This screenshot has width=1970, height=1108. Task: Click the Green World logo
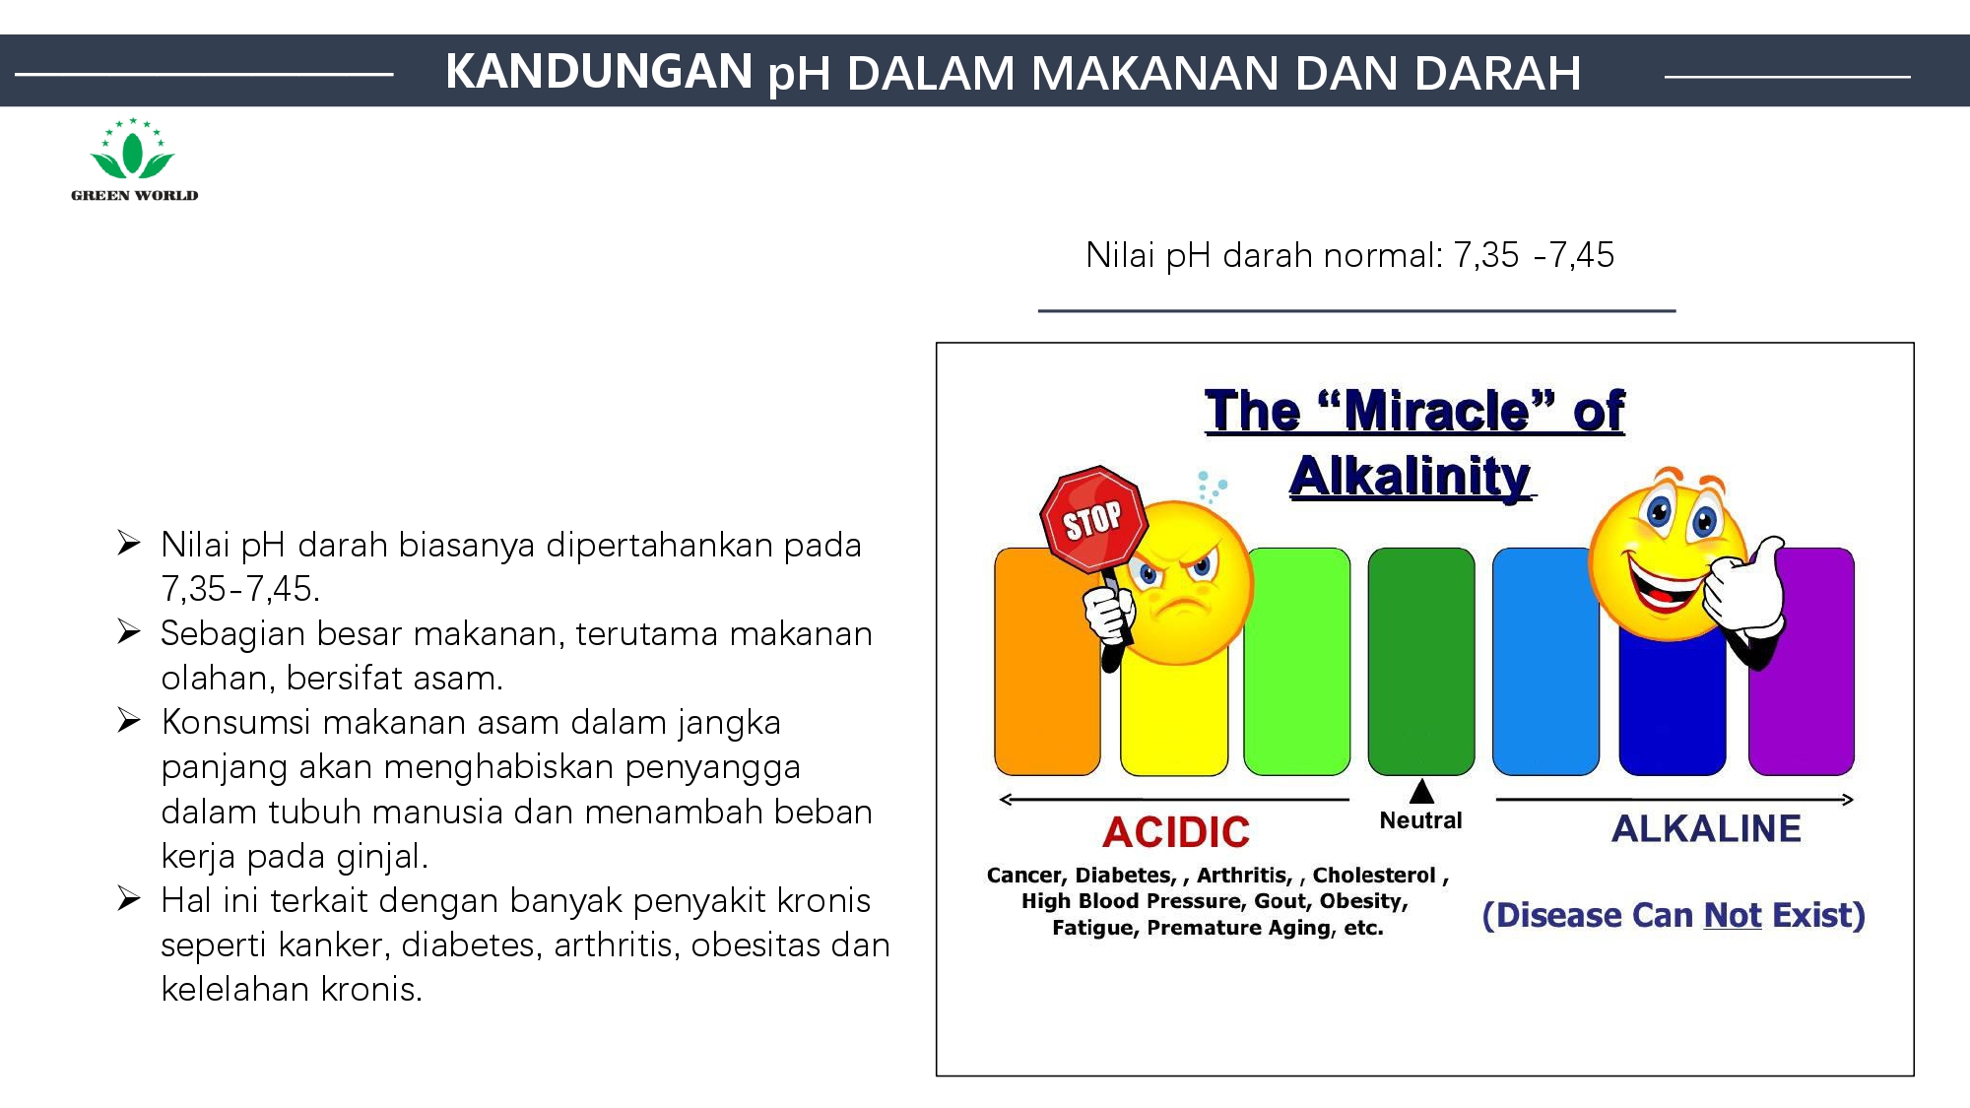(134, 161)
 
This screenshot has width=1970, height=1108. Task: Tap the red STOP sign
(1093, 519)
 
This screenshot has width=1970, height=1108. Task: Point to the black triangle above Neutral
(1421, 791)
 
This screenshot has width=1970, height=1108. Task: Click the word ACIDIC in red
(1176, 832)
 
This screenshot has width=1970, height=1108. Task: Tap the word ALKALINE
(1706, 829)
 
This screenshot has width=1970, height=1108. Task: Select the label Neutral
(1420, 820)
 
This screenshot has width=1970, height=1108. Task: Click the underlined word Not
(1733, 915)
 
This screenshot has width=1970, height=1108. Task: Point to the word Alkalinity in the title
(1411, 477)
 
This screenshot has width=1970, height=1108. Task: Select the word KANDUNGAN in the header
(599, 71)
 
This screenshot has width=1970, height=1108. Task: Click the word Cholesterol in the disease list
(1374, 875)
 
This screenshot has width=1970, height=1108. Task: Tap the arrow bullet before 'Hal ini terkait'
(129, 898)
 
